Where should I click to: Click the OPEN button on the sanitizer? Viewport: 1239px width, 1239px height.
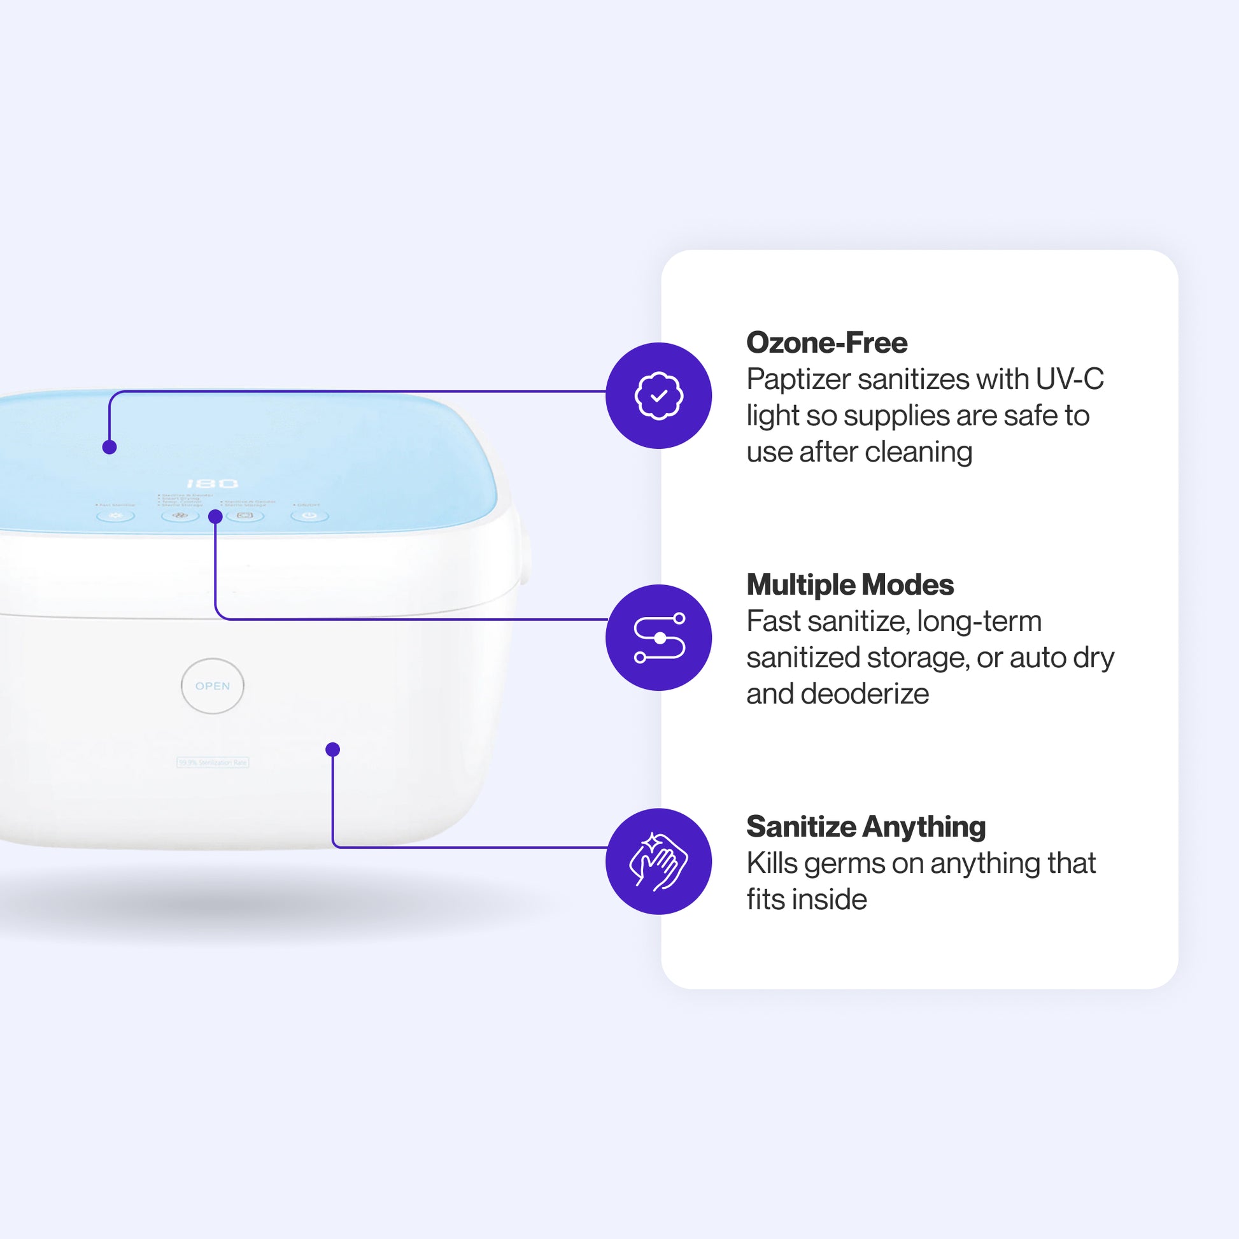pyautogui.click(x=212, y=686)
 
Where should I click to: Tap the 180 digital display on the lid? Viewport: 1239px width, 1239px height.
pyautogui.click(x=212, y=483)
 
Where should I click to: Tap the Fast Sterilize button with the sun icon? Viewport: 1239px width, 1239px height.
pyautogui.click(x=115, y=515)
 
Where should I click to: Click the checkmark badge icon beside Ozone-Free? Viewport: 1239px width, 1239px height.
pyautogui.click(x=658, y=395)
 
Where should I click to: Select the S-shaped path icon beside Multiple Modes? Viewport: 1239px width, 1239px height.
pyautogui.click(x=658, y=637)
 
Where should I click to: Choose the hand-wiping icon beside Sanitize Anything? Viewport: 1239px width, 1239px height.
pyautogui.click(x=658, y=861)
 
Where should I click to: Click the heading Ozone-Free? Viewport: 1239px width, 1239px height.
pyautogui.click(x=826, y=343)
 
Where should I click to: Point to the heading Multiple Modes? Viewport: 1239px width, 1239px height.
pyautogui.click(x=850, y=584)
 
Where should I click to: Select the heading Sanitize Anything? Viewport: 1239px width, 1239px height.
pyautogui.click(x=866, y=826)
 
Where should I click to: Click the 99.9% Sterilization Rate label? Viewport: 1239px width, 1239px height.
pyautogui.click(x=212, y=762)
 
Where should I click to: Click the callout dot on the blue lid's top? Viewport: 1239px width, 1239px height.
pyautogui.click(x=110, y=447)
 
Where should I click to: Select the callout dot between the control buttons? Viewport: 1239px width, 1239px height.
pyautogui.click(x=215, y=516)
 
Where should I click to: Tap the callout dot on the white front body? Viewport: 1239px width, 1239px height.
pyautogui.click(x=332, y=749)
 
